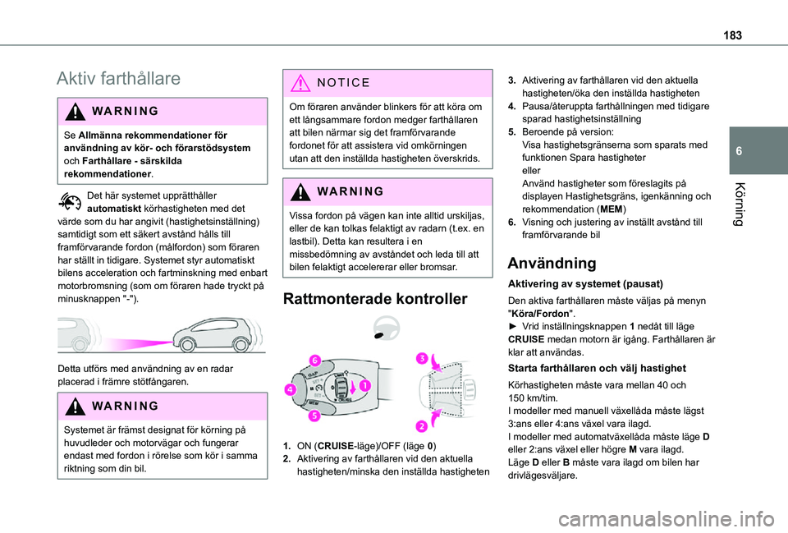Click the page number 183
point(735,15)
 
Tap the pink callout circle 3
point(421,358)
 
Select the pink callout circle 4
point(291,390)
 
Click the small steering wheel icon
point(383,327)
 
